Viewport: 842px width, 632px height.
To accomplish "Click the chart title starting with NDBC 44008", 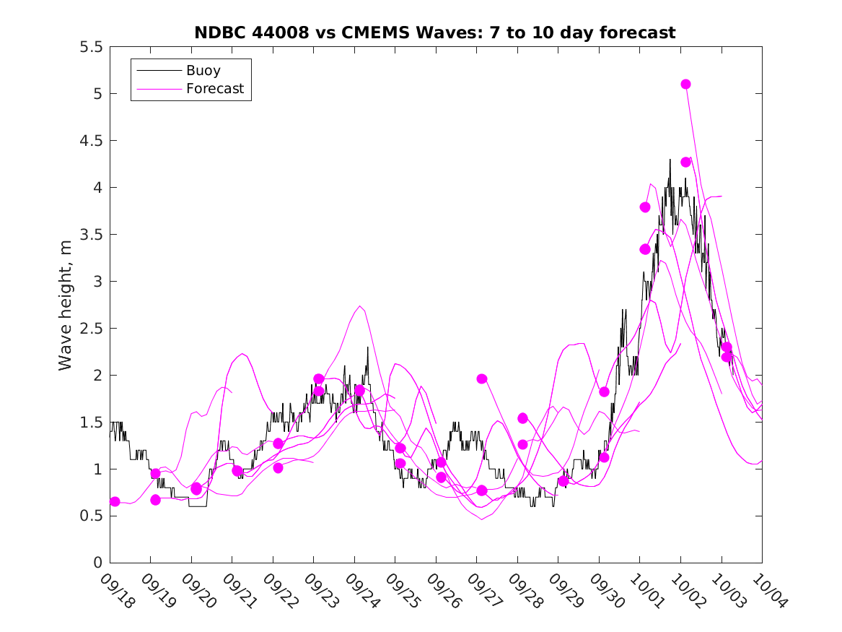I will tap(435, 33).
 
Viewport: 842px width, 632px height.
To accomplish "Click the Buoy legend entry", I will tap(203, 71).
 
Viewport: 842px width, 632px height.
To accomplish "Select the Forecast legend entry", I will tap(214, 89).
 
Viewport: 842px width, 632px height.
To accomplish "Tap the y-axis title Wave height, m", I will tap(66, 304).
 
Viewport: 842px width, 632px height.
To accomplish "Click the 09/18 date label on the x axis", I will tap(118, 591).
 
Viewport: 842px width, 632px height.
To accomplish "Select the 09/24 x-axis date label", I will tap(362, 591).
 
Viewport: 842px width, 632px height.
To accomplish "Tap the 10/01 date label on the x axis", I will tap(647, 591).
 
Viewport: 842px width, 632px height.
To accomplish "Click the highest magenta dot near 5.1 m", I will tap(685, 84).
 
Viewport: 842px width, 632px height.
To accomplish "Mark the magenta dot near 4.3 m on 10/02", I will tap(685, 162).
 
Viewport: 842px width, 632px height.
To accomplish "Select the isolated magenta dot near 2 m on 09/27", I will tap(482, 378).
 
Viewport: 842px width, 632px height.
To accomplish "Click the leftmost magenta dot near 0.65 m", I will tap(115, 501).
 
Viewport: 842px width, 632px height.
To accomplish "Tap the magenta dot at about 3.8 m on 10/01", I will tap(645, 207).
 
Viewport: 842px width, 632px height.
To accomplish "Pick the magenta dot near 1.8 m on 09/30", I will tap(604, 391).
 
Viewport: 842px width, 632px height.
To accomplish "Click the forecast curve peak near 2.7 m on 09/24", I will tap(360, 306).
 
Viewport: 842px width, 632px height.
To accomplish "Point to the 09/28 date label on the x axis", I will tap(525, 591).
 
